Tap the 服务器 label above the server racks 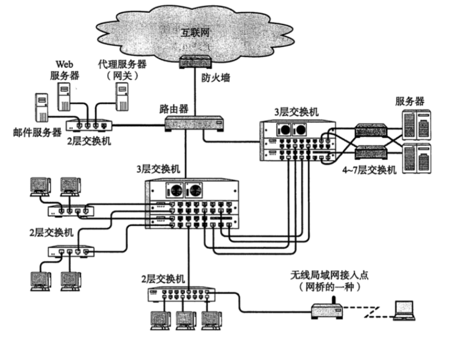[410, 101]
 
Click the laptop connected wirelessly [404, 311]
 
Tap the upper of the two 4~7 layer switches [371, 131]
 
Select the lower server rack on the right [416, 156]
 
